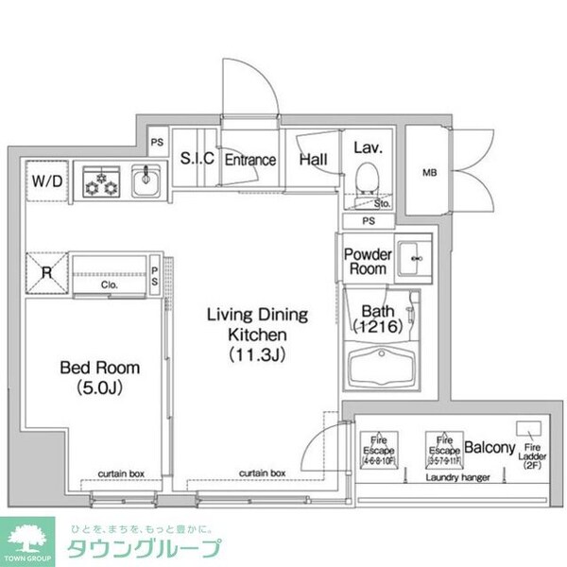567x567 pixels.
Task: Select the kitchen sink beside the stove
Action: [x=146, y=181]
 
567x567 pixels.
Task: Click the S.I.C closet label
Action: [x=197, y=159]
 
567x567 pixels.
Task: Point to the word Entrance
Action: [x=249, y=160]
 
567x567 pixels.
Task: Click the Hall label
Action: [x=313, y=160]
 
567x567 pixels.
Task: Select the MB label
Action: [x=429, y=172]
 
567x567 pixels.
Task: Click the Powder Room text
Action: [x=366, y=262]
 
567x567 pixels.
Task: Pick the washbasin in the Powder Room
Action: [x=412, y=258]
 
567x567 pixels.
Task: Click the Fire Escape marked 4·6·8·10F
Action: [x=380, y=445]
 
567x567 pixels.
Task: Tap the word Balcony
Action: [x=490, y=448]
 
